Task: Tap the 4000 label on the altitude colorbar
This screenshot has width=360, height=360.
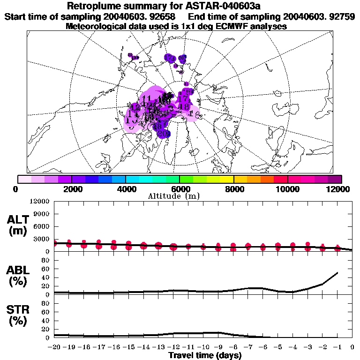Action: pyautogui.click(x=125, y=189)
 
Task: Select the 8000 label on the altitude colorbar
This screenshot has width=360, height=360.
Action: pyautogui.click(x=233, y=189)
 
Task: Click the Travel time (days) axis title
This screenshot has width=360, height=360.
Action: pyautogui.click(x=205, y=356)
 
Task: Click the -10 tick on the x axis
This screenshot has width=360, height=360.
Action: pyautogui.click(x=202, y=347)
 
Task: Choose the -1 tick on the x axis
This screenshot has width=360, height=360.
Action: pyautogui.click(x=337, y=347)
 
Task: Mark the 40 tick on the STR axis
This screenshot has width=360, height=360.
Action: pyautogui.click(x=46, y=321)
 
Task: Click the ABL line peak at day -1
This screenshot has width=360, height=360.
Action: pyautogui.click(x=337, y=272)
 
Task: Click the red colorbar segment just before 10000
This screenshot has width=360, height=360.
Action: pyautogui.click(x=280, y=179)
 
